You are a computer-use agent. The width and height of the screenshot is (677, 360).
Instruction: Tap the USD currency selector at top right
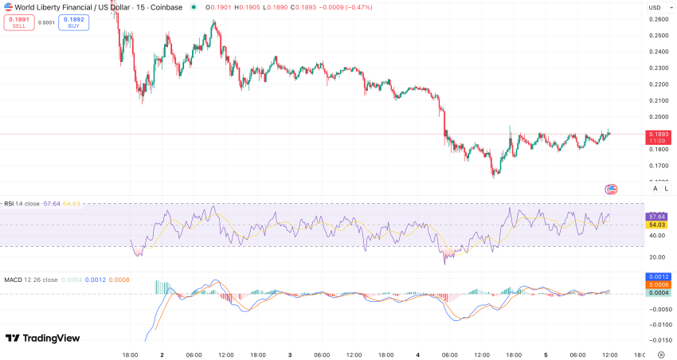pyautogui.click(x=655, y=7)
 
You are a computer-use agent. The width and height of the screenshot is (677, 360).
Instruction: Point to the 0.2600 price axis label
pyautogui.click(x=658, y=19)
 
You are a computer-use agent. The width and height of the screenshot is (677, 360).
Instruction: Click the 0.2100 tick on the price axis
pyautogui.click(x=658, y=100)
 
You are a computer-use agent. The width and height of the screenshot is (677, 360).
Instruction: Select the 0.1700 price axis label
pyautogui.click(x=658, y=166)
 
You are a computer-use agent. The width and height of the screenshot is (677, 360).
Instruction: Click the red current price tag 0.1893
pyautogui.click(x=658, y=135)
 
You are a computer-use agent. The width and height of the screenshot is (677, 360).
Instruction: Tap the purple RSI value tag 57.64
pyautogui.click(x=658, y=217)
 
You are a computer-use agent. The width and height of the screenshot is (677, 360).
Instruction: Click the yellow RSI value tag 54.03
pyautogui.click(x=658, y=226)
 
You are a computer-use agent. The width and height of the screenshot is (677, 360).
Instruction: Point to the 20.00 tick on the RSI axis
pyautogui.click(x=658, y=256)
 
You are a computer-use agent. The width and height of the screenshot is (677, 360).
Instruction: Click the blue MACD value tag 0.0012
pyautogui.click(x=658, y=276)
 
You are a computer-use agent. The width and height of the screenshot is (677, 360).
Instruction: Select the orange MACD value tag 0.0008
pyautogui.click(x=658, y=284)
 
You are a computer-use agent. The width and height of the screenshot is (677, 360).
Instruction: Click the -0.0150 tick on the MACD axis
pyautogui.click(x=658, y=340)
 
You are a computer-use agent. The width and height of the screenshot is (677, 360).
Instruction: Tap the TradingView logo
pyautogui.click(x=43, y=338)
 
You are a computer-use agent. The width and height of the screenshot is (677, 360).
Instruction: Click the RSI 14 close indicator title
pyautogui.click(x=22, y=204)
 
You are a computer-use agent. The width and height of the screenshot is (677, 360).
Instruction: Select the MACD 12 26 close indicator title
pyautogui.click(x=30, y=280)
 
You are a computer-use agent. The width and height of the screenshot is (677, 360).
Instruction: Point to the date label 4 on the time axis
pyautogui.click(x=418, y=354)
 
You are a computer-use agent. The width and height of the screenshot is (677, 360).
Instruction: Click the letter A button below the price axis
pyautogui.click(x=655, y=189)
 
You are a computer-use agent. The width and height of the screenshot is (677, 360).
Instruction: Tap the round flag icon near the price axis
pyautogui.click(x=611, y=189)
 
